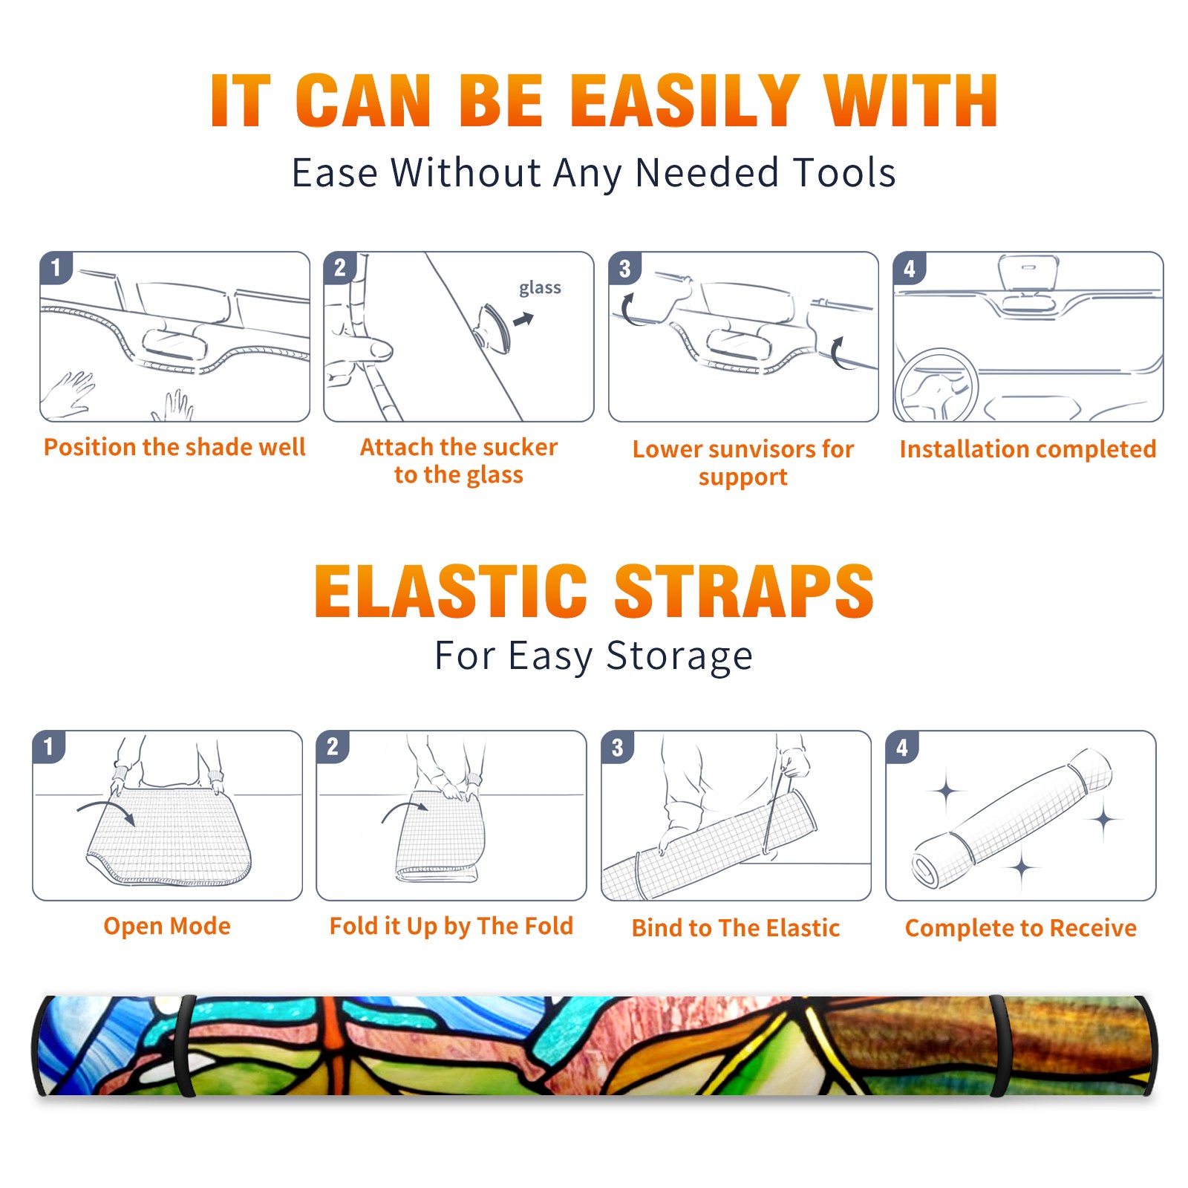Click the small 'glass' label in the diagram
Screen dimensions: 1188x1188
[x=540, y=288]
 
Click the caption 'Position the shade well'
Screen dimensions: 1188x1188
[x=174, y=447]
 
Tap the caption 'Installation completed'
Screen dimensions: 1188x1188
[x=1028, y=449]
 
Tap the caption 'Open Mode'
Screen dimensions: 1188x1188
[x=167, y=927]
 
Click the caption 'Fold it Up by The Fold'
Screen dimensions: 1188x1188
[x=451, y=927]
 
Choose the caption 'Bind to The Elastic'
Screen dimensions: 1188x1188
[x=736, y=928]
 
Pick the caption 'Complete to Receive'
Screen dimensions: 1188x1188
[x=1021, y=928]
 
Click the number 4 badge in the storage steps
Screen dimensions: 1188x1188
[x=902, y=747]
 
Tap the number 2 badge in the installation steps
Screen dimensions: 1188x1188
[x=340, y=268]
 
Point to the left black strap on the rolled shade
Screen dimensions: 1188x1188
[x=184, y=1045]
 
